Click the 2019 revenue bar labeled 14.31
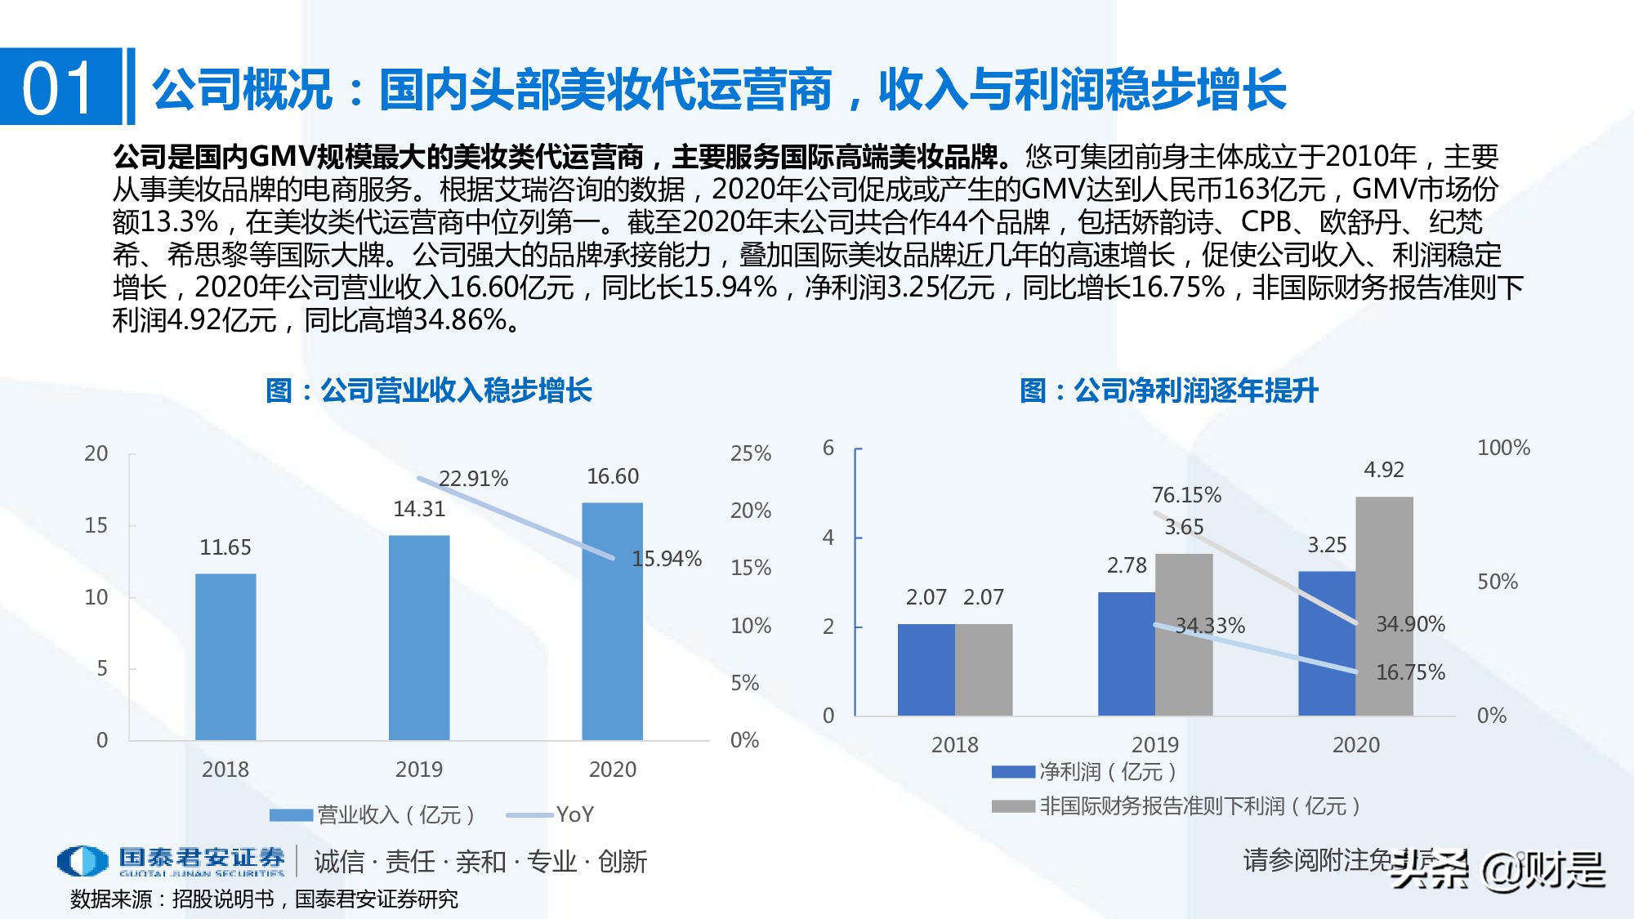(x=419, y=637)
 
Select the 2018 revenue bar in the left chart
(x=225, y=657)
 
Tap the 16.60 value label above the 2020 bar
(x=613, y=476)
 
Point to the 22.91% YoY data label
(x=473, y=479)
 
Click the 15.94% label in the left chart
(x=667, y=559)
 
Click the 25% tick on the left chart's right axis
(x=750, y=453)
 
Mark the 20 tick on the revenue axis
(x=96, y=453)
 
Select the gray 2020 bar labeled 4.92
(x=1384, y=606)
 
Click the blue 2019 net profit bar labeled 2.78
(x=1127, y=654)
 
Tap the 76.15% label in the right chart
(x=1186, y=495)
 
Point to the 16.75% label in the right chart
(x=1410, y=672)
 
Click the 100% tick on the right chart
(x=1503, y=448)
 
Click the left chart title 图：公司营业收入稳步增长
(x=429, y=390)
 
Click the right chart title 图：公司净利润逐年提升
(x=1169, y=390)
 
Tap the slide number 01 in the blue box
(x=59, y=87)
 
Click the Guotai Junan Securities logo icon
(x=83, y=861)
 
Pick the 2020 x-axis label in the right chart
(x=1355, y=745)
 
